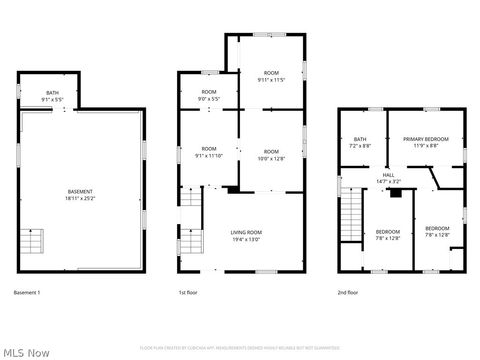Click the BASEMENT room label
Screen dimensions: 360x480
click(x=80, y=192)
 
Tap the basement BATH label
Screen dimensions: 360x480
click(x=52, y=93)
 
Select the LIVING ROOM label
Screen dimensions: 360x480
click(x=246, y=233)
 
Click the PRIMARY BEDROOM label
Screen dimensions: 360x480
click(x=425, y=139)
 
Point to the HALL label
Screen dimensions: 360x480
click(x=388, y=175)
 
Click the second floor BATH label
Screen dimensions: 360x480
click(x=360, y=139)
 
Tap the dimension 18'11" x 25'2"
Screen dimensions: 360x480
click(x=80, y=199)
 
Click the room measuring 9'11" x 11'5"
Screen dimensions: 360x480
click(x=272, y=76)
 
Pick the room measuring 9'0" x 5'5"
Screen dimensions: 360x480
click(x=208, y=95)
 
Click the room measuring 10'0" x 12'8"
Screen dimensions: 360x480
click(x=272, y=154)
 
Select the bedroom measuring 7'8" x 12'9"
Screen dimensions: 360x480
click(x=387, y=234)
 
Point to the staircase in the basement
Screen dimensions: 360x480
click(x=33, y=241)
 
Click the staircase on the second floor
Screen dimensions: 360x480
click(x=349, y=213)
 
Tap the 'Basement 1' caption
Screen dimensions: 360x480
click(x=27, y=292)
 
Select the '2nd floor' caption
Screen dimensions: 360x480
click(x=349, y=292)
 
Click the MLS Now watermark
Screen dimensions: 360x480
click(x=27, y=352)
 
